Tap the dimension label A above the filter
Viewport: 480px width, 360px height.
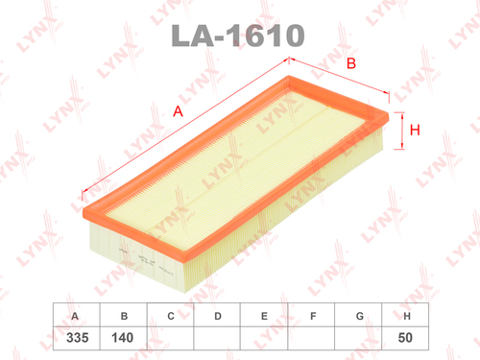[x=178, y=112]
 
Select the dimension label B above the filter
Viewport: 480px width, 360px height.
[x=351, y=64]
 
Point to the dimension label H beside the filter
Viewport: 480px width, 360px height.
[x=416, y=132]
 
